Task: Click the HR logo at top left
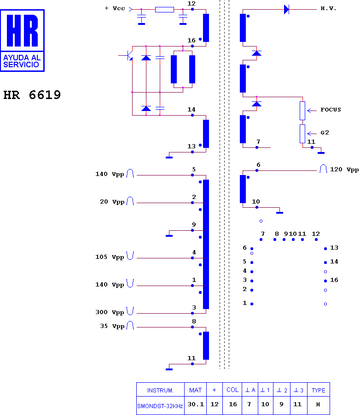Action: [x=22, y=41]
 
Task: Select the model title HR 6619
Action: [x=32, y=95]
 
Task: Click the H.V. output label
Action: [x=328, y=8]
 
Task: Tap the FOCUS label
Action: [x=331, y=110]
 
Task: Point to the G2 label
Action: [x=325, y=133]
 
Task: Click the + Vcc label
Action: [x=115, y=8]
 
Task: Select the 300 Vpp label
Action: [x=110, y=312]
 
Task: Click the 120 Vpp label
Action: [x=344, y=170]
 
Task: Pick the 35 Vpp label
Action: [x=112, y=326]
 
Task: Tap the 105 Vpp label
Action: [x=110, y=257]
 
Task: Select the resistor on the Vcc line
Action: [x=164, y=10]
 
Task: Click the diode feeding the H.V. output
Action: [x=286, y=10]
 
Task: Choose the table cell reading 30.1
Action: [x=196, y=404]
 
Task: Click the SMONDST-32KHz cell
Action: [x=160, y=406]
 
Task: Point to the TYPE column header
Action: [x=319, y=391]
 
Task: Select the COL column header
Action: [x=232, y=390]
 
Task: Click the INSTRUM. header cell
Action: [x=160, y=391]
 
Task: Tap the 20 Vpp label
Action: [x=112, y=202]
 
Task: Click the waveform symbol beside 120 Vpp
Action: [x=323, y=169]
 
